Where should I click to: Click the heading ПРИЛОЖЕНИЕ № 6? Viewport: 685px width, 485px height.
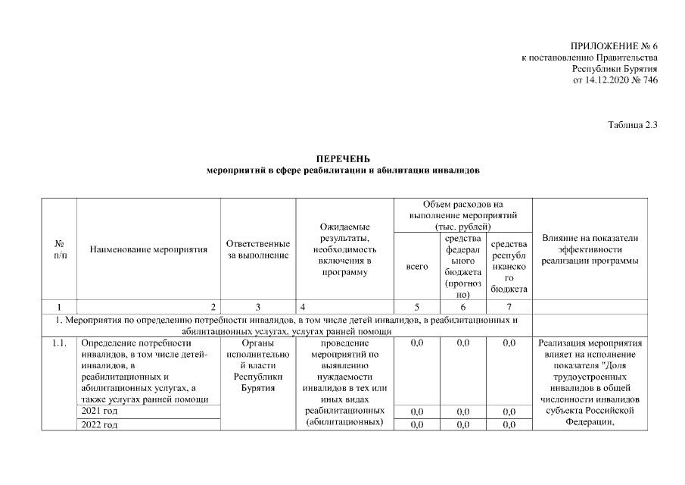tap(613, 47)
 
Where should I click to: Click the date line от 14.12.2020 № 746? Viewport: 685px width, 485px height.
tap(615, 79)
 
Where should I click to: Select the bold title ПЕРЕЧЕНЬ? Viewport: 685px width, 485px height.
tap(343, 158)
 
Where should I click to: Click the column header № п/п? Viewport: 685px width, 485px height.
tap(59, 249)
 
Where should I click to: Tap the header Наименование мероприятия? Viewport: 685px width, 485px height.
tap(148, 249)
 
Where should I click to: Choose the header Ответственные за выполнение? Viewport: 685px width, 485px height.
tap(258, 249)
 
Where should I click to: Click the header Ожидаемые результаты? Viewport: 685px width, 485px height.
tap(344, 249)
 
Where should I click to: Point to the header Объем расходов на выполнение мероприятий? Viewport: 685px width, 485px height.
tap(463, 215)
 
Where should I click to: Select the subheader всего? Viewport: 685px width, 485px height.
tap(417, 267)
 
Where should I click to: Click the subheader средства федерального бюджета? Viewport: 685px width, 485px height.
tap(463, 266)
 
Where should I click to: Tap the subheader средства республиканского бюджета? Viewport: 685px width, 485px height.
tap(509, 266)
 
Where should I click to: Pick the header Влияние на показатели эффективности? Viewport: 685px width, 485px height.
tap(590, 249)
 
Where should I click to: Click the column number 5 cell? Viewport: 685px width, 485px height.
tap(417, 308)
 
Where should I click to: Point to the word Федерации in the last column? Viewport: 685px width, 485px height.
tap(590, 424)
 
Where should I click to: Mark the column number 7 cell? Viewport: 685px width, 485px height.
tap(509, 308)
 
